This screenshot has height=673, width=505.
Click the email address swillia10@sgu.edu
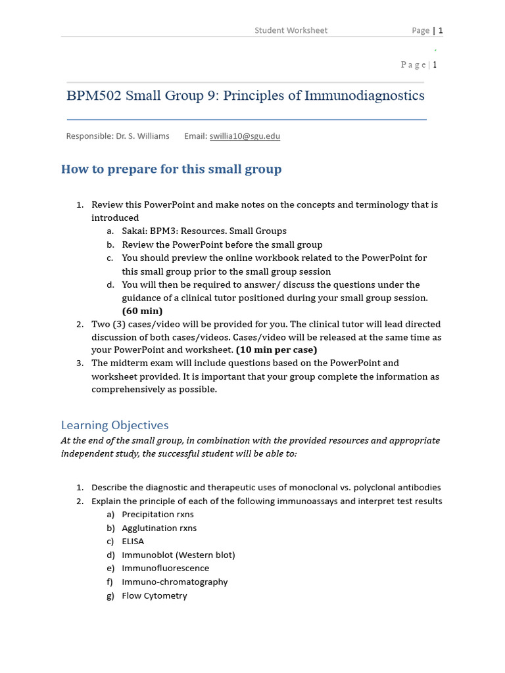(245, 136)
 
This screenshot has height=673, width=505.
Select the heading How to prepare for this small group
(171, 170)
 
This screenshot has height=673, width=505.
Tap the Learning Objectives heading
(114, 425)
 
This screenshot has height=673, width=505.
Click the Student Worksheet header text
(291, 30)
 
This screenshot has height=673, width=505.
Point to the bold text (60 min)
(142, 311)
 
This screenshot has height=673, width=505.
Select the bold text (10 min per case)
(276, 350)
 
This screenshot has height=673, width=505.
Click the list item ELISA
(133, 542)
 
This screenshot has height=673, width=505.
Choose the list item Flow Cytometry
(154, 595)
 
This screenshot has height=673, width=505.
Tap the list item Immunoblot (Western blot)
(178, 555)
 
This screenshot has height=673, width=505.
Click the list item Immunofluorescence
(165, 569)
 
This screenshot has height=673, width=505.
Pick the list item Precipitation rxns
(157, 515)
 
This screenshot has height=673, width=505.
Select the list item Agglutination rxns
(159, 528)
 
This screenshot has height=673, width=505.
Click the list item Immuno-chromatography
(174, 582)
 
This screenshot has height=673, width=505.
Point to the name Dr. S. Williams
(142, 136)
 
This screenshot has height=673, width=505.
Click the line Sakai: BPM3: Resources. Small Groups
(204, 231)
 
